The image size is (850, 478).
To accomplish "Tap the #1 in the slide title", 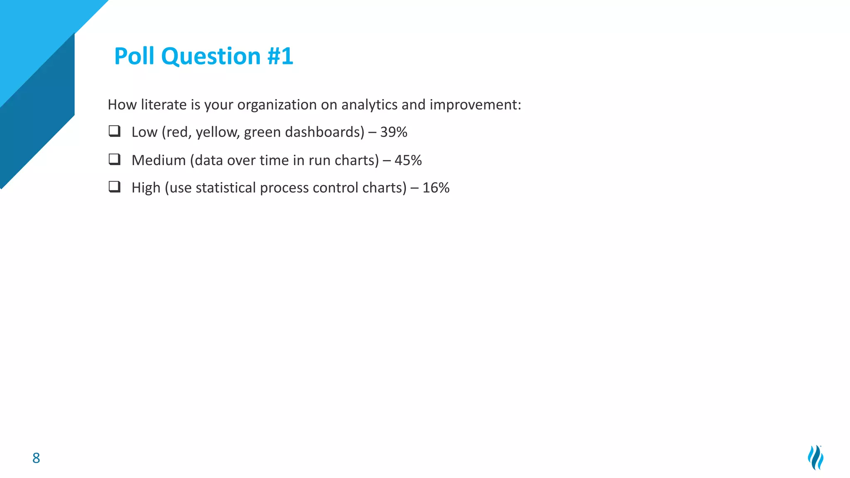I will (280, 56).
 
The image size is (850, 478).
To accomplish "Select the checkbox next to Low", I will (115, 131).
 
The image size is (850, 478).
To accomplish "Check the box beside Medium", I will (115, 159).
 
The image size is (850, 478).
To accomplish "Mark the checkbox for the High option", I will (115, 187).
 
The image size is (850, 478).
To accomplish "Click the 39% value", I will (393, 132).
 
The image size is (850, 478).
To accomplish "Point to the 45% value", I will (408, 160).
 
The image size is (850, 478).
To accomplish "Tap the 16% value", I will (436, 188).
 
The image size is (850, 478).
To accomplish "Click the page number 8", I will (36, 458).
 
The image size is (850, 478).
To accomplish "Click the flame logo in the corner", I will (816, 457).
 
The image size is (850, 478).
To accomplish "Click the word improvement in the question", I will (475, 105).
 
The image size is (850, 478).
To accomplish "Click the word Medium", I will (159, 160).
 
